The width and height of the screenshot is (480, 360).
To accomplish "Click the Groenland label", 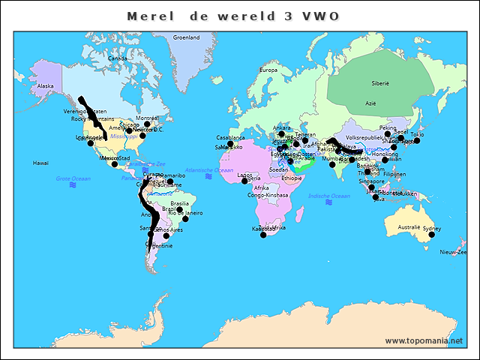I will point(186,37).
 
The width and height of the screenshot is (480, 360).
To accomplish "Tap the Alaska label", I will point(46,86).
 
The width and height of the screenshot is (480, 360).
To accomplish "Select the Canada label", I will point(118,58).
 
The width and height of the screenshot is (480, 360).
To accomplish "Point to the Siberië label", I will point(380,83).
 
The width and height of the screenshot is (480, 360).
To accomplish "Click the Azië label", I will point(370,103).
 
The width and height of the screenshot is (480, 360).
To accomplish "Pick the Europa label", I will point(269,70).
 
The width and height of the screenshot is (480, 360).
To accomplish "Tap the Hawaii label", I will point(40,162).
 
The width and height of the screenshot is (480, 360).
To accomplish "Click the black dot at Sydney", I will point(431,235).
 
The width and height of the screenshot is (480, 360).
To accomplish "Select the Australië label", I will point(409,226).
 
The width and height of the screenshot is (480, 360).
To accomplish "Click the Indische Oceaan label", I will point(329,196).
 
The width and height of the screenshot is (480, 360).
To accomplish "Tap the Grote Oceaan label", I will point(73,178).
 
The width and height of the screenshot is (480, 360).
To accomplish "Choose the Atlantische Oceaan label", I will point(209,171).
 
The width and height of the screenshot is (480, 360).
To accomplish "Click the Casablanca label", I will point(231,138).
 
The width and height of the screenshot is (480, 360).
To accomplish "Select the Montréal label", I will point(148,118).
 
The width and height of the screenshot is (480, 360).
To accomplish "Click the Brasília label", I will point(180,203).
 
